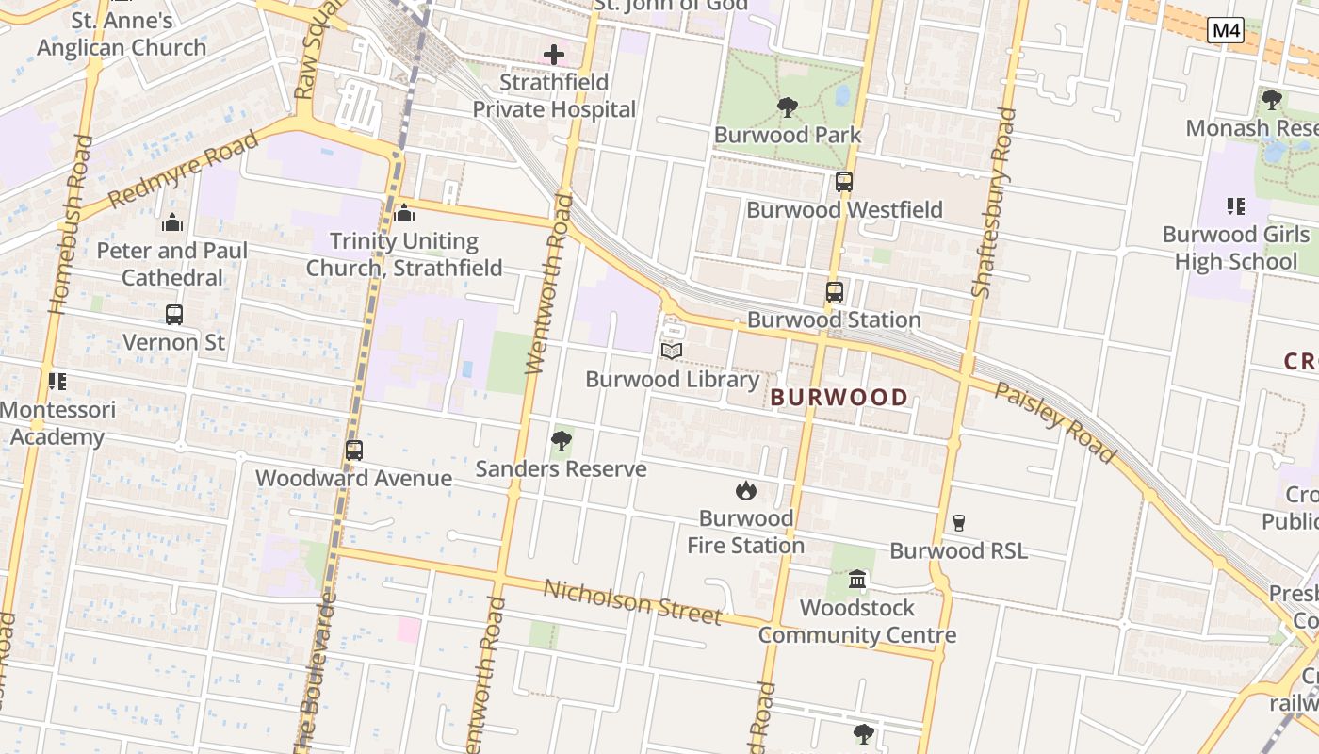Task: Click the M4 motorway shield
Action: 1225,30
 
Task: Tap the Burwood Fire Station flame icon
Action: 745,490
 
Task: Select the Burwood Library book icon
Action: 671,352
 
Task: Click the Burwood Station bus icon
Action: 834,292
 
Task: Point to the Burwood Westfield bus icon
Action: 843,182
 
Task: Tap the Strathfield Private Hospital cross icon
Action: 554,55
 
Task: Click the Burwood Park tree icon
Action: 787,107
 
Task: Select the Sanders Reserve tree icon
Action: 562,440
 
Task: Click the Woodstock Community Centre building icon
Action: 857,579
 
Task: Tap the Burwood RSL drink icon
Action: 959,522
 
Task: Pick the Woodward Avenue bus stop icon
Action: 354,451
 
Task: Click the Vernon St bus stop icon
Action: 174,315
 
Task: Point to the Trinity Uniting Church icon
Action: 404,214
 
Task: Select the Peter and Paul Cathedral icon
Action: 172,223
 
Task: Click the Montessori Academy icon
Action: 57,382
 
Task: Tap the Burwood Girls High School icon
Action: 1236,206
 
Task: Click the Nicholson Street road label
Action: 633,601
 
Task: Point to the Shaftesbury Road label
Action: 994,203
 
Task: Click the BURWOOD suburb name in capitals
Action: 839,398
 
